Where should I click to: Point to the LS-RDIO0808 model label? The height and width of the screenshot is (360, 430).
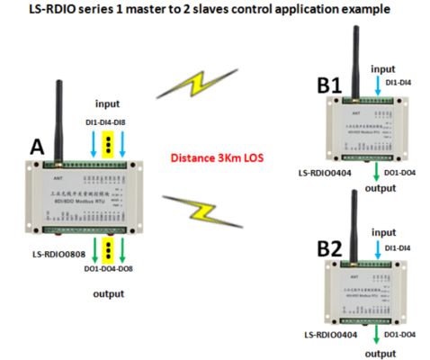tap(66, 256)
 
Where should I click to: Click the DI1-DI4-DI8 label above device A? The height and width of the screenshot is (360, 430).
tap(107, 120)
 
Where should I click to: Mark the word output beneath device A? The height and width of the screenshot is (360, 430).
tap(109, 293)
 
